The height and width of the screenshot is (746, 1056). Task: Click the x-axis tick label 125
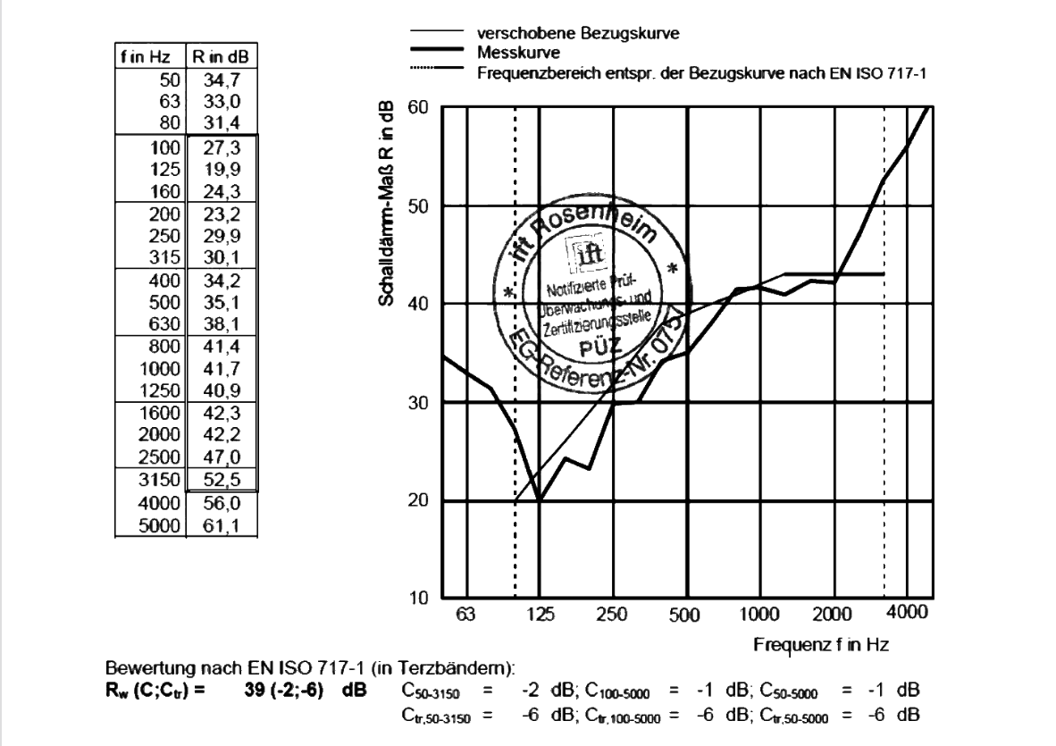pos(539,615)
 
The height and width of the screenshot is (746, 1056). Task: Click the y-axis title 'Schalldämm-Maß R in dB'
pos(390,207)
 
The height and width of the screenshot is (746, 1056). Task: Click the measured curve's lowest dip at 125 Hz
pos(539,501)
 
